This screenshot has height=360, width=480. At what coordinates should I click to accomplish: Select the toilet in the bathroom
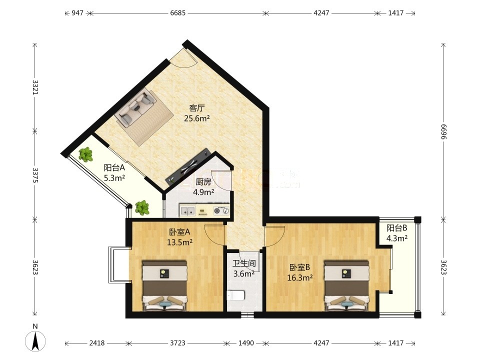[235, 295]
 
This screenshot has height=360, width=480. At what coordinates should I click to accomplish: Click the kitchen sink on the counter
[187, 210]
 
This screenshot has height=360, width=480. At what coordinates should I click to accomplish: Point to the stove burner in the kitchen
[221, 210]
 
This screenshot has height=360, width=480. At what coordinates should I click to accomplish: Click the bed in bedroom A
[164, 286]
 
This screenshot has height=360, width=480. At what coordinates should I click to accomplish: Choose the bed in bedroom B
[346, 286]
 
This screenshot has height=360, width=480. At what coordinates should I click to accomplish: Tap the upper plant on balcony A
[85, 154]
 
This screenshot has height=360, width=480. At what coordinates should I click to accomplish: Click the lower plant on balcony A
[142, 207]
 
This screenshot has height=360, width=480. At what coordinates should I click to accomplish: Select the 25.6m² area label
[197, 118]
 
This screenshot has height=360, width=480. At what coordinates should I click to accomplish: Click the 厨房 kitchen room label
[203, 182]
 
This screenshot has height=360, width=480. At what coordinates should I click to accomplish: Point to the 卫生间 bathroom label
[244, 263]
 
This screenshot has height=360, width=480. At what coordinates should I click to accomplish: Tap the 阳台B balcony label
[396, 228]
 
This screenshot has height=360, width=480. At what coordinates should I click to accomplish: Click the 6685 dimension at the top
[178, 13]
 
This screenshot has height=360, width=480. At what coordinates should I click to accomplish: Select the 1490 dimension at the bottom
[246, 343]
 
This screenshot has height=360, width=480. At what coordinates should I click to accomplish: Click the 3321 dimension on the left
[35, 87]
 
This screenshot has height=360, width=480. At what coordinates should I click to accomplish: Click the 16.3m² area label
[300, 278]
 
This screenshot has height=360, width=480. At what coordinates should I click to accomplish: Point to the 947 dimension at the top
[77, 13]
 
